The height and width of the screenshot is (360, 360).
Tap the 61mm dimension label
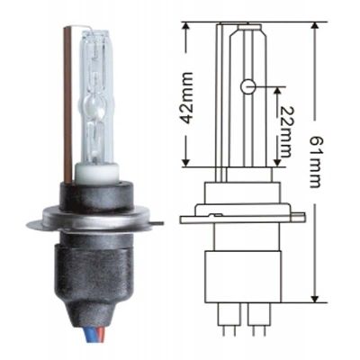click(x=315, y=162)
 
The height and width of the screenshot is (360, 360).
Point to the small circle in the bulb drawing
click(x=247, y=87)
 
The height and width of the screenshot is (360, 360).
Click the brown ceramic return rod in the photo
click(x=67, y=105)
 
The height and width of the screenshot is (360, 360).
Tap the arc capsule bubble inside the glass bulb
click(x=94, y=107)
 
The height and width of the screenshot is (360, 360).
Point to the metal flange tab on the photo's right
click(x=159, y=223)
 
